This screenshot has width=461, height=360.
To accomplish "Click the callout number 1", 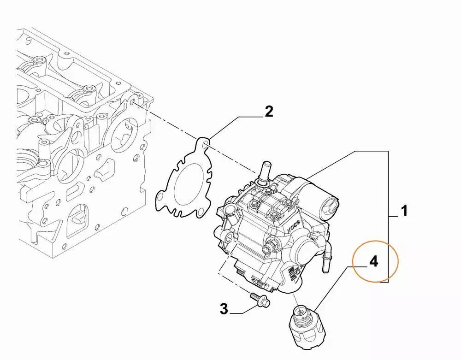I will click(404, 212).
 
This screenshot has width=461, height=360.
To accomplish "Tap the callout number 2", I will click(269, 111).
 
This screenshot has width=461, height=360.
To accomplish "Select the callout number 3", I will click(223, 309).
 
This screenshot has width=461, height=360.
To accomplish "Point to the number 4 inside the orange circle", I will click(373, 262).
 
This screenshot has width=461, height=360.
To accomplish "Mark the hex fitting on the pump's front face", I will click(267, 249).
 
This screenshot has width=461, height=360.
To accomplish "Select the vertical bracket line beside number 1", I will click(388, 217).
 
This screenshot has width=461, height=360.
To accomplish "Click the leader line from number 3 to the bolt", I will click(240, 313).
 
